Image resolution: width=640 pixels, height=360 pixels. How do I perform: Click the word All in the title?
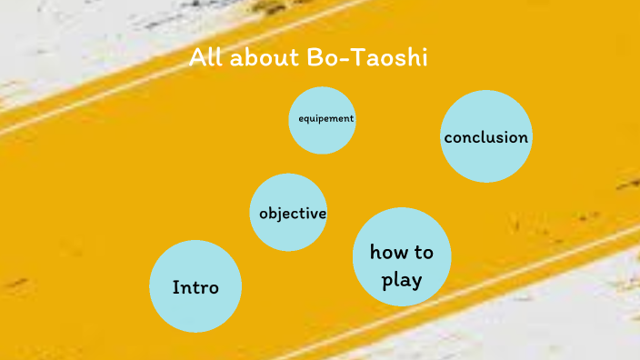tap(205, 58)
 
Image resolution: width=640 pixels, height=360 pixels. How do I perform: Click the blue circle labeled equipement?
tap(322, 120)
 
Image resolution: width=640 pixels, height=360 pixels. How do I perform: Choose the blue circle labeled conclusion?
tap(485, 137)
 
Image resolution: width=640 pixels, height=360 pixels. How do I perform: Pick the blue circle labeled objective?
tap(288, 213)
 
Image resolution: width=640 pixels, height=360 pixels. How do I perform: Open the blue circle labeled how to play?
tap(401, 256)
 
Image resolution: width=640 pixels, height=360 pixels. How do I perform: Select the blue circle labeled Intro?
tap(195, 286)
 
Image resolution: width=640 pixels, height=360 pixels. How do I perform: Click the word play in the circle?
tap(402, 280)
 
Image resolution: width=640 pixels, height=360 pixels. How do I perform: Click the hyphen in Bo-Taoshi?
tap(341, 60)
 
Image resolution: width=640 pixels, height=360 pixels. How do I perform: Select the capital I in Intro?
tap(175, 287)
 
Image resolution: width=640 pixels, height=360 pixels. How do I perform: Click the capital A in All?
tap(196, 58)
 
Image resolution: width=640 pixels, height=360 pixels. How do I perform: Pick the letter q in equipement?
tap(305, 119)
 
